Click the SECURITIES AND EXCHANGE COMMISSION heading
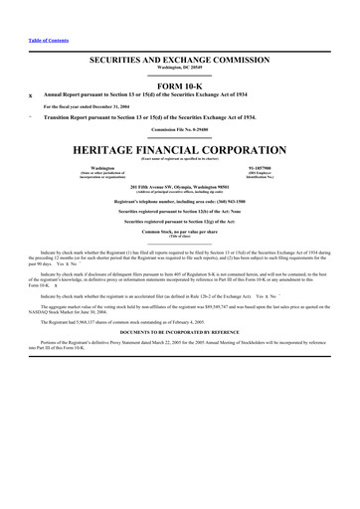180,61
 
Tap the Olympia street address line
180,186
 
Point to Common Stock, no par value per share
180,230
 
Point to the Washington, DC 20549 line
180,68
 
